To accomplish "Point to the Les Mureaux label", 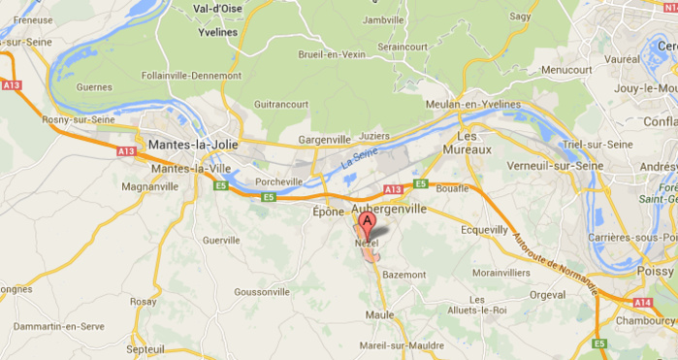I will (468, 143).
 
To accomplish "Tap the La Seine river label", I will (360, 157).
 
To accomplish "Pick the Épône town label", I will (328, 211).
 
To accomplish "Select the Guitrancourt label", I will (280, 104).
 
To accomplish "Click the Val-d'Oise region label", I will (217, 9).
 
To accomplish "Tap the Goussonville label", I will (262, 291).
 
